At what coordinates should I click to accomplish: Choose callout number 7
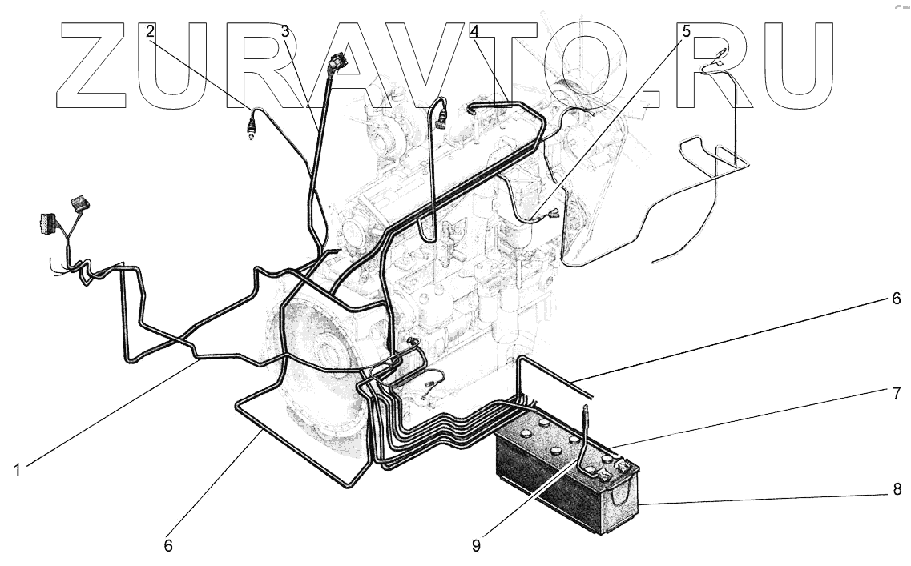(896, 394)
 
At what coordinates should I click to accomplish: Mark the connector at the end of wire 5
(555, 214)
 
